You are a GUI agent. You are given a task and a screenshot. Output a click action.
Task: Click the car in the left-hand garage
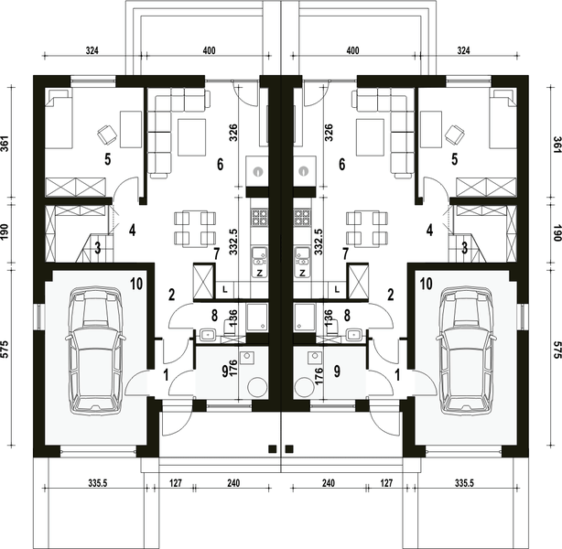point(95,350)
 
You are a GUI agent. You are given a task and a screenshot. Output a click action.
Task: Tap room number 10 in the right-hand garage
point(426,284)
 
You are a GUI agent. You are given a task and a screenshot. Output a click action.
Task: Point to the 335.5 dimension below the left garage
point(98,483)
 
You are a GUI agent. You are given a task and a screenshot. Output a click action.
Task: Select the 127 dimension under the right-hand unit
point(386,483)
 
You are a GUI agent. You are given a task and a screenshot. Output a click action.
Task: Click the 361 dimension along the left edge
point(5,144)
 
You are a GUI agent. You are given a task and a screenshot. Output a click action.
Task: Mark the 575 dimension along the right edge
point(557,350)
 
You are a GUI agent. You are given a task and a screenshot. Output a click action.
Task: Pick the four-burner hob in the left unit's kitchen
point(259,217)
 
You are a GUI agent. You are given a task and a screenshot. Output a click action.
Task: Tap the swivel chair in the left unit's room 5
point(107,135)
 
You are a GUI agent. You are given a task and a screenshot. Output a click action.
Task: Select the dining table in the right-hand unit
point(367,229)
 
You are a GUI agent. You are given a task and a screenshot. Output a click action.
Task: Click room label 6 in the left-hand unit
point(220,165)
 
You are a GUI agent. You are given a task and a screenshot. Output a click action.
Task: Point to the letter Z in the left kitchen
point(260,274)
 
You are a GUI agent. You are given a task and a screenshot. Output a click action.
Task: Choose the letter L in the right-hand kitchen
point(337,289)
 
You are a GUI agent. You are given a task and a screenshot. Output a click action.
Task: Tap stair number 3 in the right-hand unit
point(464,248)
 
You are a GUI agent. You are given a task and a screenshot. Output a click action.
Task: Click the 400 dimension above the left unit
point(209,50)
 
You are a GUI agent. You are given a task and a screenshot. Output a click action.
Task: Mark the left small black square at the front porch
point(273,448)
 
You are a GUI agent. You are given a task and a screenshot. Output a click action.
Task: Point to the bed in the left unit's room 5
point(59,119)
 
